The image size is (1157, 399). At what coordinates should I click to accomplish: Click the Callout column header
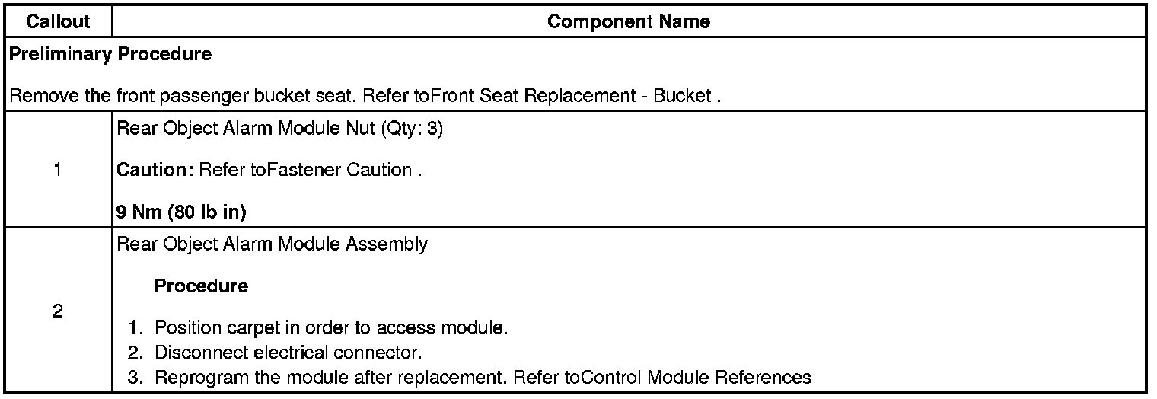coord(58,22)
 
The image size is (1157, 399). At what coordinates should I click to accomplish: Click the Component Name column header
coord(628,22)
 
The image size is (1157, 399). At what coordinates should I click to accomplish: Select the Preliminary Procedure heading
coord(110,55)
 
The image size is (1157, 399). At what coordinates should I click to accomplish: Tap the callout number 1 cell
coord(58,170)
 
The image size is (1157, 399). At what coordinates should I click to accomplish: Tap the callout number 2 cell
coord(58,311)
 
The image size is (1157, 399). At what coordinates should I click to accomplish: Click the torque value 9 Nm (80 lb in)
coord(181,213)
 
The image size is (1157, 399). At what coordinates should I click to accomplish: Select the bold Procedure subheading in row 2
coord(201,286)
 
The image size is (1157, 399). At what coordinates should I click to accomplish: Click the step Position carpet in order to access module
coord(331,328)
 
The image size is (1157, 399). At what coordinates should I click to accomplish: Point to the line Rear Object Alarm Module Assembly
coord(272,244)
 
